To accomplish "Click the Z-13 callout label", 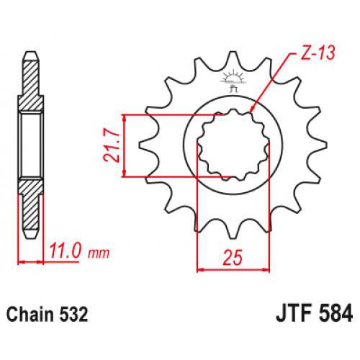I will click(311, 54).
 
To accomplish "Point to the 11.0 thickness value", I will click(66, 253).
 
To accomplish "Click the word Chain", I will click(32, 315).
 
